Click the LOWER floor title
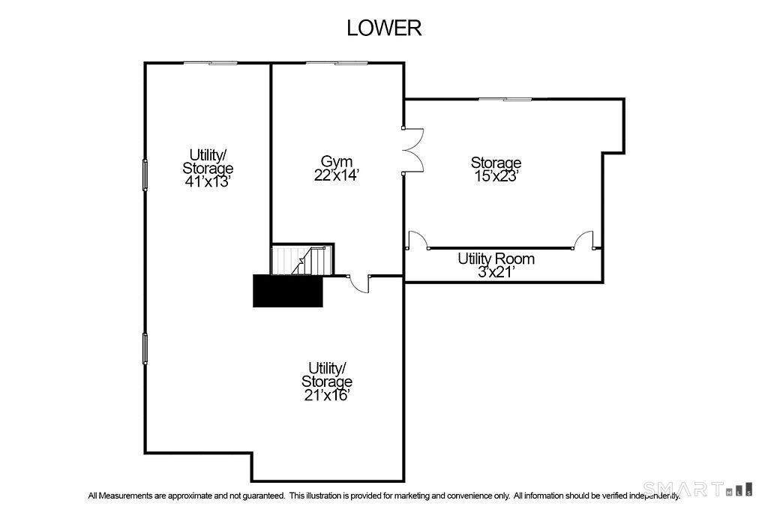pyautogui.click(x=384, y=28)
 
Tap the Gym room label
pyautogui.click(x=337, y=161)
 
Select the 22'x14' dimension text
pyautogui.click(x=337, y=175)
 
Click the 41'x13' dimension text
pyautogui.click(x=208, y=181)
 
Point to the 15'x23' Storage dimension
pyautogui.click(x=496, y=176)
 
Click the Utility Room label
pyautogui.click(x=496, y=259)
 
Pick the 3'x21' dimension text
pyautogui.click(x=496, y=271)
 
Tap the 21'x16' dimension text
pyautogui.click(x=327, y=394)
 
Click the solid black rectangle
pyautogui.click(x=288, y=291)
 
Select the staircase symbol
pyautogui.click(x=302, y=259)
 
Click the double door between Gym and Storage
pyautogui.click(x=414, y=150)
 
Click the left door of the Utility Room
pyautogui.click(x=418, y=240)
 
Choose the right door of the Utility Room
pyautogui.click(x=583, y=240)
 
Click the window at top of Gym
pyautogui.click(x=337, y=63)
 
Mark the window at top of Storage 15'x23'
pyautogui.click(x=505, y=100)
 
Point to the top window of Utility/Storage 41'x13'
pyautogui.click(x=211, y=63)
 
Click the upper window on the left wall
pyautogui.click(x=145, y=175)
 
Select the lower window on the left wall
pyautogui.click(x=145, y=349)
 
